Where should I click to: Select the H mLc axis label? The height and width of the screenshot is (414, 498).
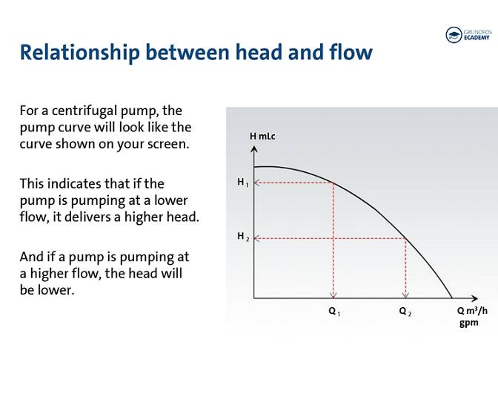point(262,137)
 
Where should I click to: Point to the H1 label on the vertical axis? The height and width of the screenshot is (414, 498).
point(242,183)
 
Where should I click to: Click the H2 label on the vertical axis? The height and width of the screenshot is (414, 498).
point(242,237)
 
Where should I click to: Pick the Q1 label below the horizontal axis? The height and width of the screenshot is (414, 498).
point(334,312)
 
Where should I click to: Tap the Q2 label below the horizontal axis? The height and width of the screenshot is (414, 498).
point(405,312)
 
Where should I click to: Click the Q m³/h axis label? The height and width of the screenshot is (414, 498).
point(472,311)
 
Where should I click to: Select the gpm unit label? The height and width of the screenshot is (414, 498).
point(468,323)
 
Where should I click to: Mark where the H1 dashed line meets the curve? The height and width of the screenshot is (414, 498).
point(333,183)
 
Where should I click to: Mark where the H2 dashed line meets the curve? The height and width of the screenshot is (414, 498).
point(405,238)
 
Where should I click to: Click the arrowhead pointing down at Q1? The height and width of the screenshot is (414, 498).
point(333,295)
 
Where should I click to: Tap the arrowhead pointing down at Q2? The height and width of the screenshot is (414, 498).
point(405,295)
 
